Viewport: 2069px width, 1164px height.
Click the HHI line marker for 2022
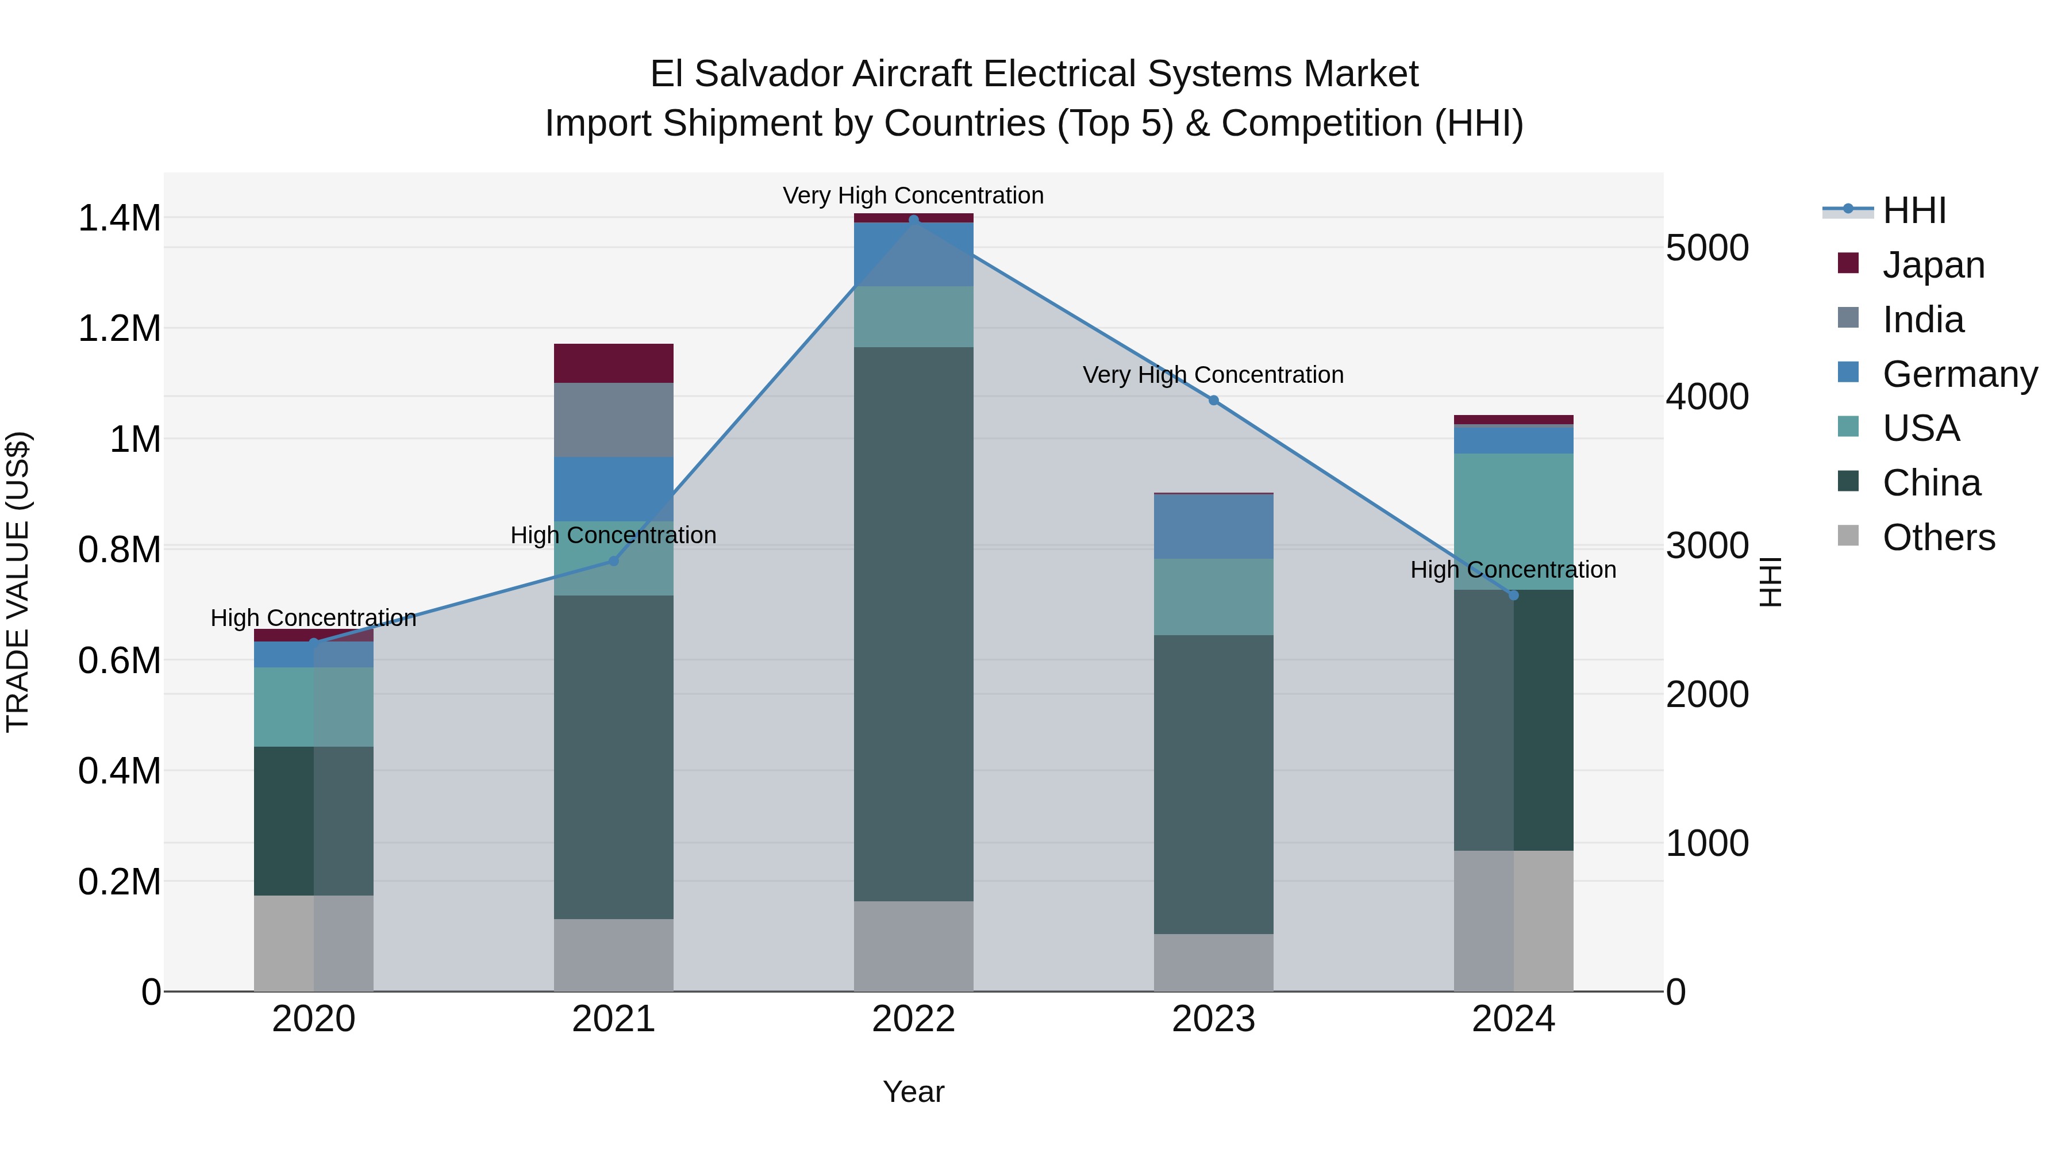pyautogui.click(x=913, y=220)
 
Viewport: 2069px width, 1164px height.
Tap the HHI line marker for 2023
pyautogui.click(x=1214, y=400)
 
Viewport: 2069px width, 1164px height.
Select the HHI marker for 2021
pyautogui.click(x=614, y=560)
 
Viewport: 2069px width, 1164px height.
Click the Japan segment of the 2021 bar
pyautogui.click(x=614, y=363)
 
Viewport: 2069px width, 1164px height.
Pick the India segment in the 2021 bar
pyautogui.click(x=614, y=420)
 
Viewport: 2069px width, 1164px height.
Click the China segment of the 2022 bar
pyautogui.click(x=913, y=623)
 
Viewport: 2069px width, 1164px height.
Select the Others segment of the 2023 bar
pyautogui.click(x=1214, y=962)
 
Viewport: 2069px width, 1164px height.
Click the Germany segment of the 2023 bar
pyautogui.click(x=1214, y=526)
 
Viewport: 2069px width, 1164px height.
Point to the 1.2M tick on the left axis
pyautogui.click(x=119, y=329)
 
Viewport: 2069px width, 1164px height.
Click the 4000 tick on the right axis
pyautogui.click(x=1707, y=396)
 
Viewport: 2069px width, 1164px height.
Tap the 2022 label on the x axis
pyautogui.click(x=913, y=1019)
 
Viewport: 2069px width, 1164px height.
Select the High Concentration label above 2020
pyautogui.click(x=313, y=618)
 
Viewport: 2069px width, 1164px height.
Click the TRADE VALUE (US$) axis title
pyautogui.click(x=18, y=582)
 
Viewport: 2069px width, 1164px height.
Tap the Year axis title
pyautogui.click(x=913, y=1092)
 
